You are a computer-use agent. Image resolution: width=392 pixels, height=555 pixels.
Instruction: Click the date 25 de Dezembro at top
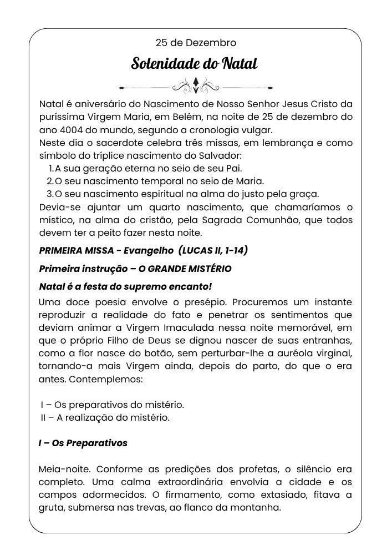click(x=196, y=42)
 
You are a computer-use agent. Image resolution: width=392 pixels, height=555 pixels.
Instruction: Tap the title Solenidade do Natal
click(x=194, y=63)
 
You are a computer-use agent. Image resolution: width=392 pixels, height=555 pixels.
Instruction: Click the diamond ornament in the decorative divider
click(x=196, y=85)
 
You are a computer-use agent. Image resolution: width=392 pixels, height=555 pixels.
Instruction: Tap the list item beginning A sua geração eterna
click(x=149, y=168)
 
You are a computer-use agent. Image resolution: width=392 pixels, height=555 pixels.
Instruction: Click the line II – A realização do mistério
click(x=105, y=417)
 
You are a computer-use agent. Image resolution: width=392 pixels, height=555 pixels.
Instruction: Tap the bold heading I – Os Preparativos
click(x=83, y=443)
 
